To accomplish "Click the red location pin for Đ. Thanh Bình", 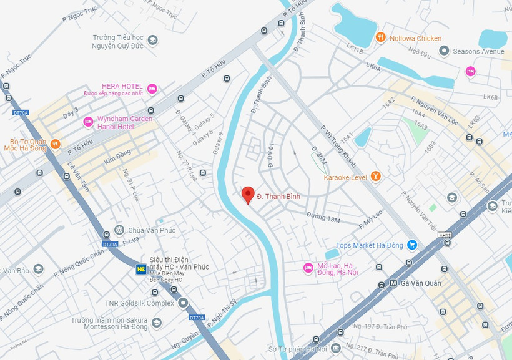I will [x=248, y=195].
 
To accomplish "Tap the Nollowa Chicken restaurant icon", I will [x=380, y=38].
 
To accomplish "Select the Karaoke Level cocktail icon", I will [x=375, y=177].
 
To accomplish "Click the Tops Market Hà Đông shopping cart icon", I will [x=411, y=245].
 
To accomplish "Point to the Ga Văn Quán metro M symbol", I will [x=393, y=283].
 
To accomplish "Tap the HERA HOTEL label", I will [x=122, y=86].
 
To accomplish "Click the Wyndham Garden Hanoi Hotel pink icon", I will [x=88, y=122].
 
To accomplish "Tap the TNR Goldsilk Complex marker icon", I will [x=183, y=303].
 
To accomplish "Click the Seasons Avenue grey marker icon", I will [x=445, y=51].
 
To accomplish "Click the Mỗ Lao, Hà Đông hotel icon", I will [x=308, y=268].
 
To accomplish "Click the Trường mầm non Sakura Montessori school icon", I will [x=157, y=323].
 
